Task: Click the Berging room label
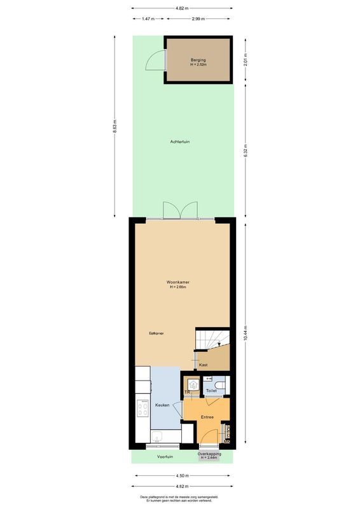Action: tap(198, 60)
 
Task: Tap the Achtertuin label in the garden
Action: tap(180, 141)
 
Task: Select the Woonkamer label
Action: tap(178, 282)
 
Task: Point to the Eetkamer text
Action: tap(156, 333)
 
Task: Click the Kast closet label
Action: tap(204, 365)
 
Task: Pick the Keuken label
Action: tap(162, 405)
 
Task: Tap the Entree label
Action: tap(207, 417)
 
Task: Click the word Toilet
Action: tap(211, 390)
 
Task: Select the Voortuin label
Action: tap(166, 456)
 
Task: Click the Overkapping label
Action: tap(209, 454)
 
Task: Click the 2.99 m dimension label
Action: tap(198, 18)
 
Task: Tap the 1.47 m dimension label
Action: tap(149, 18)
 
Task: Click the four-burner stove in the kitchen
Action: tap(142, 408)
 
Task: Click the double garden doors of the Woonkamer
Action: tap(180, 211)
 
